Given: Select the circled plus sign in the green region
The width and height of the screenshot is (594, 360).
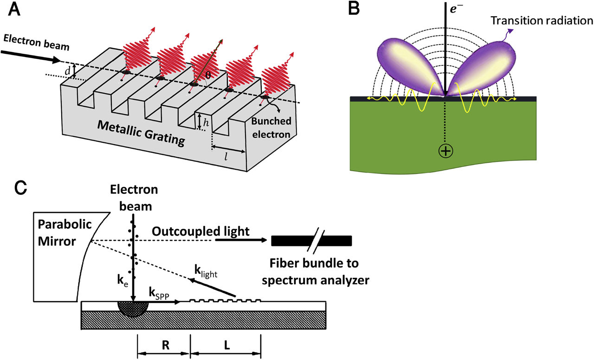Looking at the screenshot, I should (x=445, y=151).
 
